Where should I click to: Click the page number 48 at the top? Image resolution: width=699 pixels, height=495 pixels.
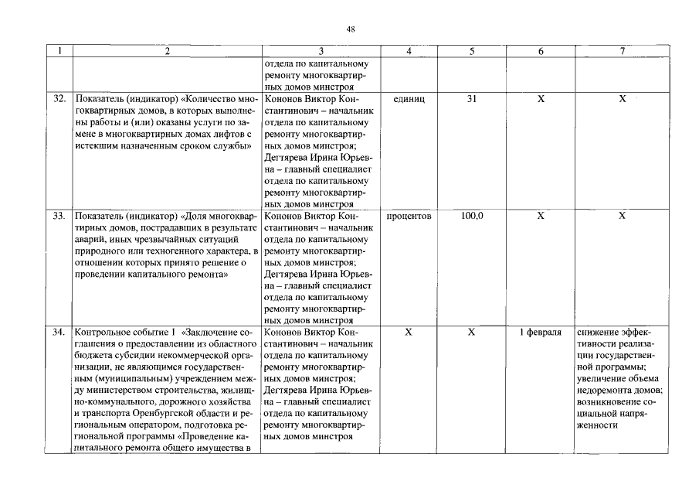point(351,29)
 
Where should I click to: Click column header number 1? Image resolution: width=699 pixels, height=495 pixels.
point(61,52)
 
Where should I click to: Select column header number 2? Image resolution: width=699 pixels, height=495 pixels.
point(167,52)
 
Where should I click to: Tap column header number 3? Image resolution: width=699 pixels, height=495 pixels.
point(321,52)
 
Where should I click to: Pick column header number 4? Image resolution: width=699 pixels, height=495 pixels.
point(409,52)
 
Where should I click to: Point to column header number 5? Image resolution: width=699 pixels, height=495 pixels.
point(472,52)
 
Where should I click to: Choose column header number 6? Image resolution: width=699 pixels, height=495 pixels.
point(541,52)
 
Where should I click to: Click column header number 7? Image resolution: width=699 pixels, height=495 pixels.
point(622,52)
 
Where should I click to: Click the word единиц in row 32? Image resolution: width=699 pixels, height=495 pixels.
point(409,100)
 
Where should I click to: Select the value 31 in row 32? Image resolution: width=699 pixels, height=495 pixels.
point(472,100)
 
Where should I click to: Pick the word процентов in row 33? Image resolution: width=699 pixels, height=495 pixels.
point(409,217)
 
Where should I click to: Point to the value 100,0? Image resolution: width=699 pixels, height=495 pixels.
point(472,217)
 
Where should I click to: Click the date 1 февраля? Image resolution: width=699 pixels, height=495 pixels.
point(541,333)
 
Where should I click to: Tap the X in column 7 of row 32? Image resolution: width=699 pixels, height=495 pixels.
point(622,100)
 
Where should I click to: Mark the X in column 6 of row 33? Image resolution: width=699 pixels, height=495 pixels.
point(541,217)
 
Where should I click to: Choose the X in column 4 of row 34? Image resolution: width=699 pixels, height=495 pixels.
point(409,333)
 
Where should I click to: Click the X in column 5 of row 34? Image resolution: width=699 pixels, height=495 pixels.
point(472,333)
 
